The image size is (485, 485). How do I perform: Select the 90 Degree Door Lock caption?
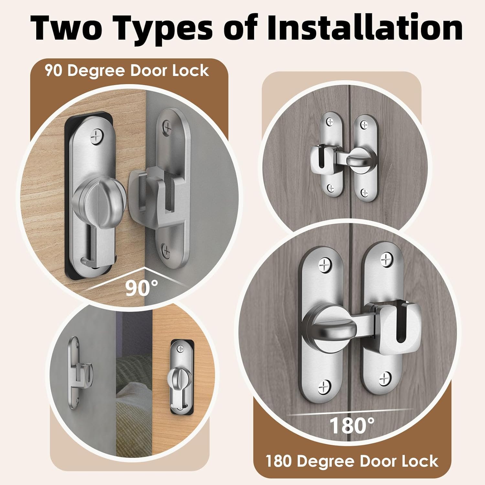coord(127,70)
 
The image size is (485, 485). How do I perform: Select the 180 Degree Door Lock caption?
coord(352,461)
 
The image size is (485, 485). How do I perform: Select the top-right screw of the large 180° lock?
coord(386,260)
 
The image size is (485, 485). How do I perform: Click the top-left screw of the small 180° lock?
coord(330,122)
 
